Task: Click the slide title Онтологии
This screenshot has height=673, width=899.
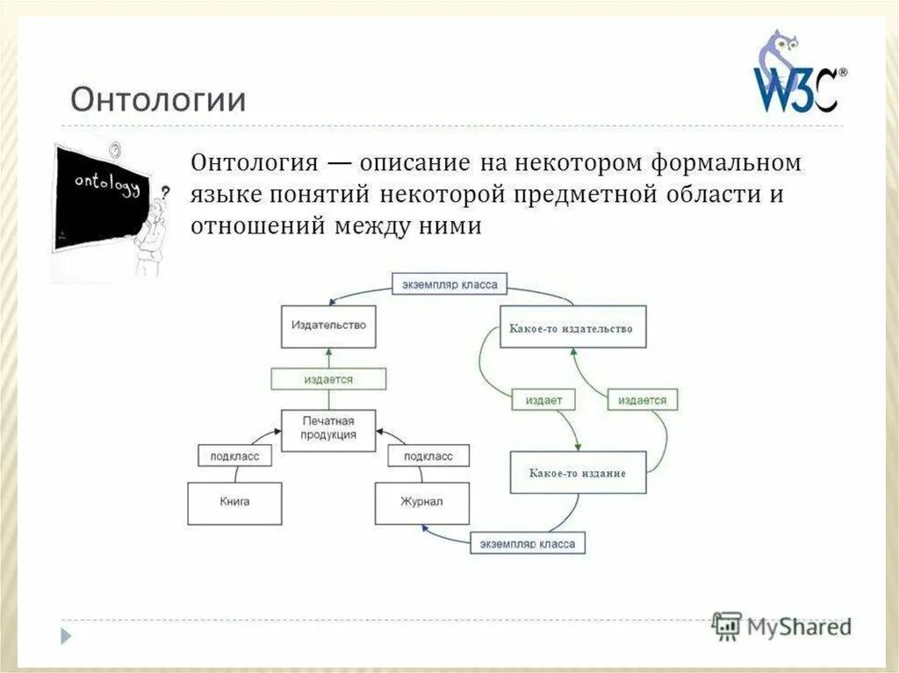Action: click(158, 98)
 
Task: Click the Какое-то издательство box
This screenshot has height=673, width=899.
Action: click(572, 328)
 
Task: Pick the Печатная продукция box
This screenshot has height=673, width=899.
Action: click(328, 428)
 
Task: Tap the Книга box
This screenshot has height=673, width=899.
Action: click(234, 503)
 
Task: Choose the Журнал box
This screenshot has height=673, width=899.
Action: click(421, 503)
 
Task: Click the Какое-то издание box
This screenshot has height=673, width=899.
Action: click(578, 473)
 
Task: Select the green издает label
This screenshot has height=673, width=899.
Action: click(544, 400)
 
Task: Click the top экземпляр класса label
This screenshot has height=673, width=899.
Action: click(449, 285)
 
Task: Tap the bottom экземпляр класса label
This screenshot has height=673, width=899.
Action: click(528, 544)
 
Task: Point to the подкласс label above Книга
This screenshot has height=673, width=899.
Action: click(234, 456)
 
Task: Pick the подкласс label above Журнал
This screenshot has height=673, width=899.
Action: click(428, 456)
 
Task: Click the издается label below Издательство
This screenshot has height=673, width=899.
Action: click(328, 379)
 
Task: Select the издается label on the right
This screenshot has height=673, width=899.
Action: click(642, 400)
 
